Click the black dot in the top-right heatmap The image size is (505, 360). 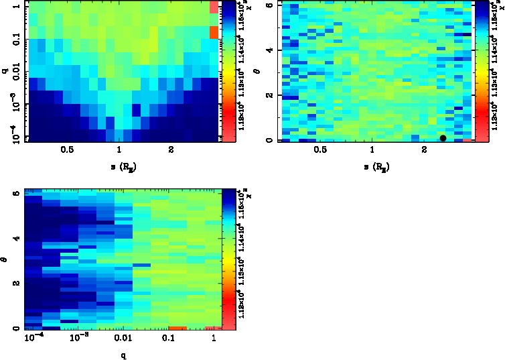click(443, 138)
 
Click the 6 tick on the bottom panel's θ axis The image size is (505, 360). click(15, 193)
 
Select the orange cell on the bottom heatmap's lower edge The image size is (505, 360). click(177, 328)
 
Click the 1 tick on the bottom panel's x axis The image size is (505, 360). click(214, 340)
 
